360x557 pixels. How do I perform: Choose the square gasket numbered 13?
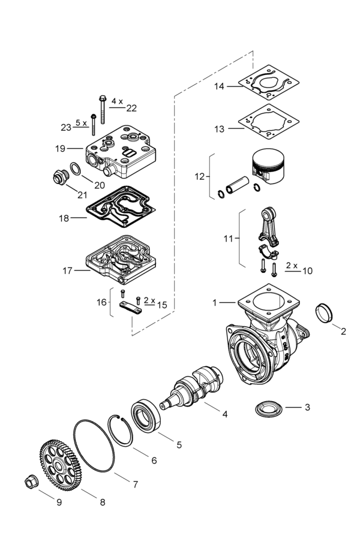point(271,127)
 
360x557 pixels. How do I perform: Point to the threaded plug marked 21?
point(58,177)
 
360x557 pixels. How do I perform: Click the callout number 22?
point(131,109)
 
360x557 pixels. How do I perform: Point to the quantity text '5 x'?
point(80,122)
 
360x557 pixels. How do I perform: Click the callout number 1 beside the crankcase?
point(214,303)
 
